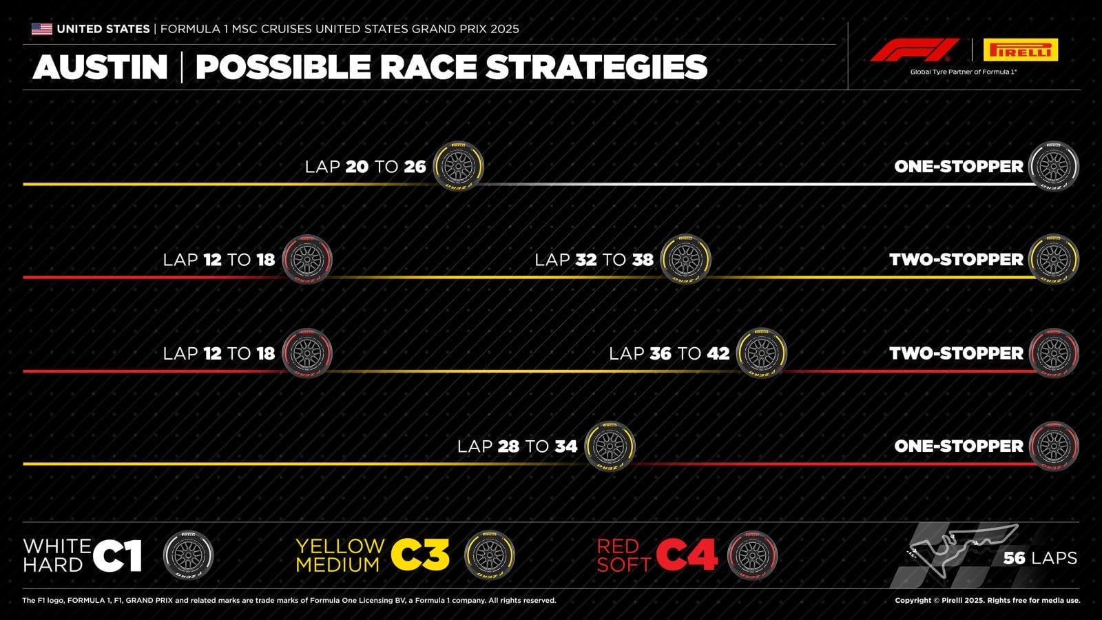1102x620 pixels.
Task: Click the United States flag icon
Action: [41, 29]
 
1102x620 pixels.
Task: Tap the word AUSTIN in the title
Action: [101, 67]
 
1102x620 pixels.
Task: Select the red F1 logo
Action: [914, 50]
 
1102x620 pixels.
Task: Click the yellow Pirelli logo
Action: [1020, 50]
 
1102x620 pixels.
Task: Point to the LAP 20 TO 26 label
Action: [365, 167]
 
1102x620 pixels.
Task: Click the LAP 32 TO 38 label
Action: [594, 260]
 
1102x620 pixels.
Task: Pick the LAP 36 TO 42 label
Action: [669, 353]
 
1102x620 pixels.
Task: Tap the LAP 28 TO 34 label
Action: [517, 446]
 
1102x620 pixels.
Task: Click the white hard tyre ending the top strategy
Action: [1053, 166]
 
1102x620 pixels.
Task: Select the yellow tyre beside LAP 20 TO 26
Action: [458, 166]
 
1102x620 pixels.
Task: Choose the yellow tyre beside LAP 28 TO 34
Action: [610, 446]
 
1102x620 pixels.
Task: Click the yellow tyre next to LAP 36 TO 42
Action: [761, 353]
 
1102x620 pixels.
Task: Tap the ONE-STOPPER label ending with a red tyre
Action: [959, 446]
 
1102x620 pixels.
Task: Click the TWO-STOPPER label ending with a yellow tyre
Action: [956, 260]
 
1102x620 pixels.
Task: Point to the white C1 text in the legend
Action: [117, 556]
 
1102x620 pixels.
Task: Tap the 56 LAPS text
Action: [1040, 558]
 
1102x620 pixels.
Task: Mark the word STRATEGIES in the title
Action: [596, 67]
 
